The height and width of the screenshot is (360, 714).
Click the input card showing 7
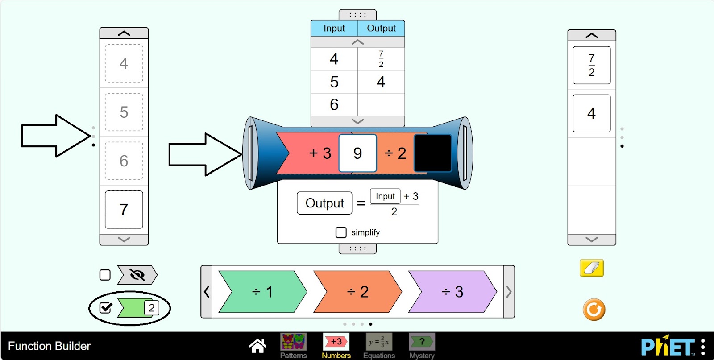(x=124, y=209)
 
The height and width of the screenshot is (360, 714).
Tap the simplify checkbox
(x=341, y=232)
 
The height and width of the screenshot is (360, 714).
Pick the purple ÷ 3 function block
(x=452, y=291)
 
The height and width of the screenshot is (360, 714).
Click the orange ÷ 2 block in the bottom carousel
(x=357, y=291)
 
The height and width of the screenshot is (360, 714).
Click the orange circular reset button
(x=594, y=309)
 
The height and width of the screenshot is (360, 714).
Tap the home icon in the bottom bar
(x=257, y=346)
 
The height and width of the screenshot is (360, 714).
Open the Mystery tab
(x=422, y=346)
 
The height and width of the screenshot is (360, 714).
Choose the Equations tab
(x=379, y=346)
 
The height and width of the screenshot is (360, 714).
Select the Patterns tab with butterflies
(x=293, y=346)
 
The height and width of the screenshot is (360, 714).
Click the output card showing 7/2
(x=592, y=65)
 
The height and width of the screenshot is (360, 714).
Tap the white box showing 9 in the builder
(x=357, y=153)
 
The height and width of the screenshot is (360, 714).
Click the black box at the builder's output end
(x=432, y=153)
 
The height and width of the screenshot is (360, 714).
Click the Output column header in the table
(x=381, y=28)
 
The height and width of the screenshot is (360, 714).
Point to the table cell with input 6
(x=334, y=104)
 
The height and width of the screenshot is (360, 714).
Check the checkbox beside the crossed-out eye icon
(x=105, y=275)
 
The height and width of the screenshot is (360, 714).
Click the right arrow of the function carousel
(x=509, y=291)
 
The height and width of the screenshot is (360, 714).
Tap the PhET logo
(x=668, y=345)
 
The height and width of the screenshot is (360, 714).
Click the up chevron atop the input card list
(x=124, y=33)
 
